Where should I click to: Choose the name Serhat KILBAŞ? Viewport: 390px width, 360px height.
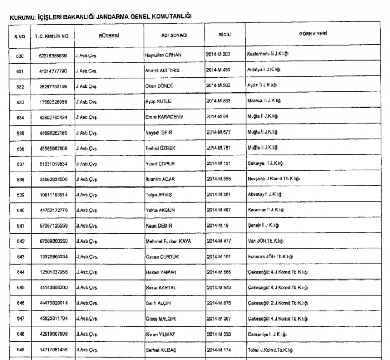(x=161, y=350)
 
